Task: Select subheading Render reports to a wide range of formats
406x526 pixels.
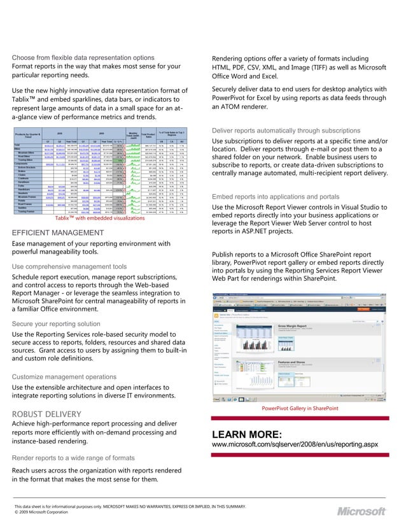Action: pyautogui.click(x=73, y=458)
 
